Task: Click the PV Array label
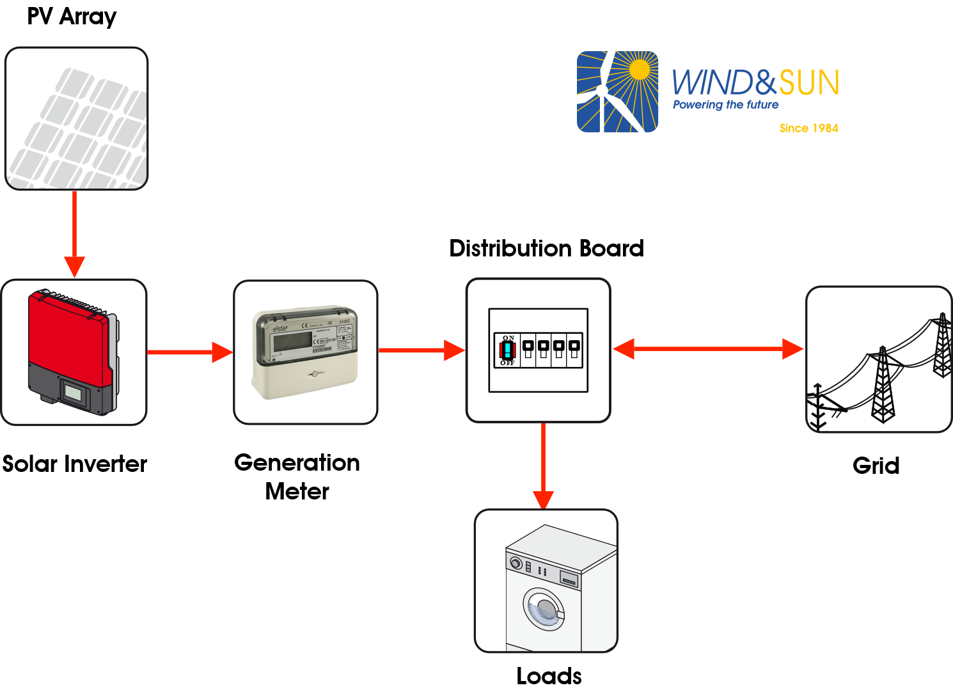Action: pyautogui.click(x=72, y=17)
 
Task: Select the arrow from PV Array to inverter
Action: pyautogui.click(x=75, y=233)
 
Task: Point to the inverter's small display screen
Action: pyautogui.click(x=74, y=393)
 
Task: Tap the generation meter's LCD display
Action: pyautogui.click(x=292, y=341)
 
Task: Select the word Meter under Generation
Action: pyautogui.click(x=297, y=491)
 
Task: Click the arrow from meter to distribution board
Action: pyautogui.click(x=421, y=350)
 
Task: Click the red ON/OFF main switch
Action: pyautogui.click(x=508, y=350)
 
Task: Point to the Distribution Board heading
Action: pyautogui.click(x=546, y=248)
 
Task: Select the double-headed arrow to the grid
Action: pyautogui.click(x=708, y=349)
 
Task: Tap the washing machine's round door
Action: pyautogui.click(x=544, y=609)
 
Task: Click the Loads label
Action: pyautogui.click(x=549, y=676)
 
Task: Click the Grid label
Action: pyautogui.click(x=876, y=466)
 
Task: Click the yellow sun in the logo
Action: pyautogui.click(x=639, y=69)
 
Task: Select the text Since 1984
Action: pyautogui.click(x=808, y=128)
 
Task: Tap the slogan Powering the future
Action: pyautogui.click(x=725, y=105)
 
